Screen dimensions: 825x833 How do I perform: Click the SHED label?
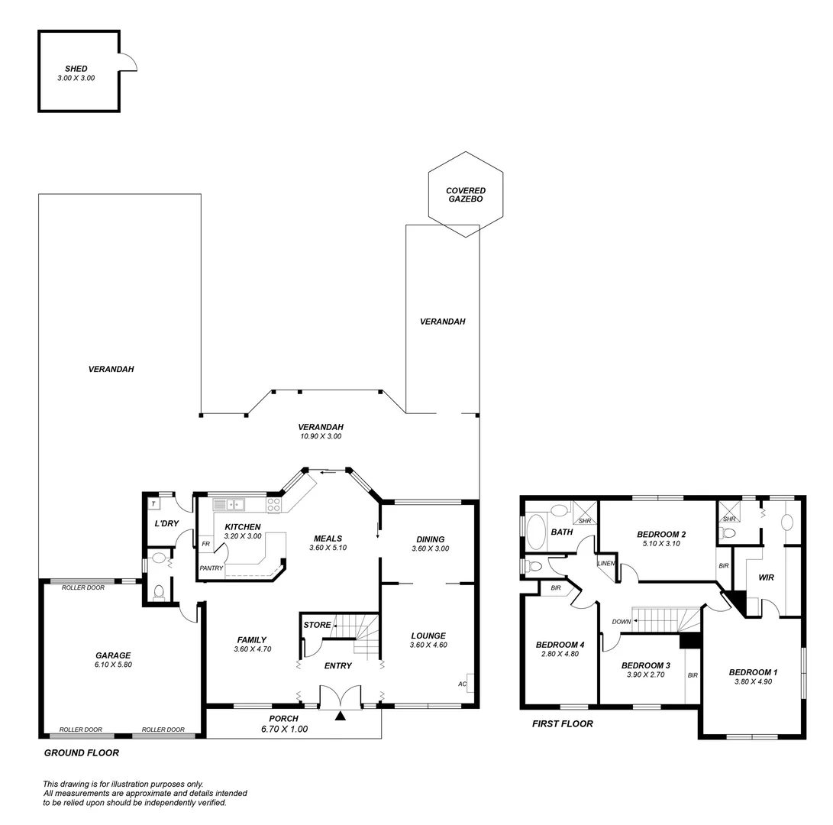(x=76, y=69)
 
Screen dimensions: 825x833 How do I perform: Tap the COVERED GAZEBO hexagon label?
(x=466, y=195)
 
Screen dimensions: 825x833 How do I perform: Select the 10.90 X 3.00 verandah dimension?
(x=321, y=436)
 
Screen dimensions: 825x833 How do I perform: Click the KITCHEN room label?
(x=243, y=527)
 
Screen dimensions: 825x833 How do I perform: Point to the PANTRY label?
(x=211, y=568)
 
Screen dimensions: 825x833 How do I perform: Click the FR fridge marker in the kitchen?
(x=205, y=545)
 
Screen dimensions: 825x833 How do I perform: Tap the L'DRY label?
(x=166, y=523)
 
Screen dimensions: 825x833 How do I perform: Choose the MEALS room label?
(x=328, y=539)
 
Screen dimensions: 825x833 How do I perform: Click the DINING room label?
(x=430, y=539)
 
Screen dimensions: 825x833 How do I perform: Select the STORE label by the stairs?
(x=317, y=625)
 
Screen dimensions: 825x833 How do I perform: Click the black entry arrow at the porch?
(x=340, y=716)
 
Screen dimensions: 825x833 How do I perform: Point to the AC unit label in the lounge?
(x=462, y=684)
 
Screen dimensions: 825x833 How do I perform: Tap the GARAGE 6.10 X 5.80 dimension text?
(x=113, y=665)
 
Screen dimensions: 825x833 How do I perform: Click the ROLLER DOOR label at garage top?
(x=82, y=587)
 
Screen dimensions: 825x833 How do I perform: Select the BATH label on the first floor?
(x=562, y=532)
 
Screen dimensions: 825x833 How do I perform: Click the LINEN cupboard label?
(x=606, y=563)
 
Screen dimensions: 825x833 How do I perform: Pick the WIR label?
(x=766, y=577)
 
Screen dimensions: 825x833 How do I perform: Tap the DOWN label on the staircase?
(x=622, y=622)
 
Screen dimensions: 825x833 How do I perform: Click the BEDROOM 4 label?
(x=560, y=644)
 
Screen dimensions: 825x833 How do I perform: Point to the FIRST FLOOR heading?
(x=562, y=723)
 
